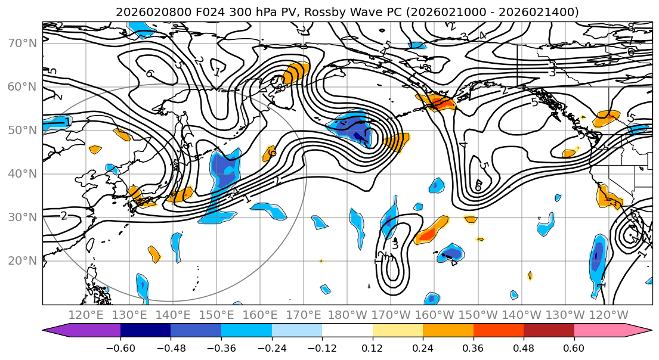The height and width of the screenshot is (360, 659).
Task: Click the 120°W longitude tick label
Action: tap(609, 315)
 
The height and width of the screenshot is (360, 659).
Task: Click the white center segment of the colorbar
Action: tap(347, 331)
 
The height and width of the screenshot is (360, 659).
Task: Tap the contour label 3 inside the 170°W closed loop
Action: tap(395, 244)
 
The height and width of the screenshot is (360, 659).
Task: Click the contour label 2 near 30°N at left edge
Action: tap(64, 216)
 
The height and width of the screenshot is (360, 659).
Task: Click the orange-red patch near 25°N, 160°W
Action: tap(431, 232)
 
